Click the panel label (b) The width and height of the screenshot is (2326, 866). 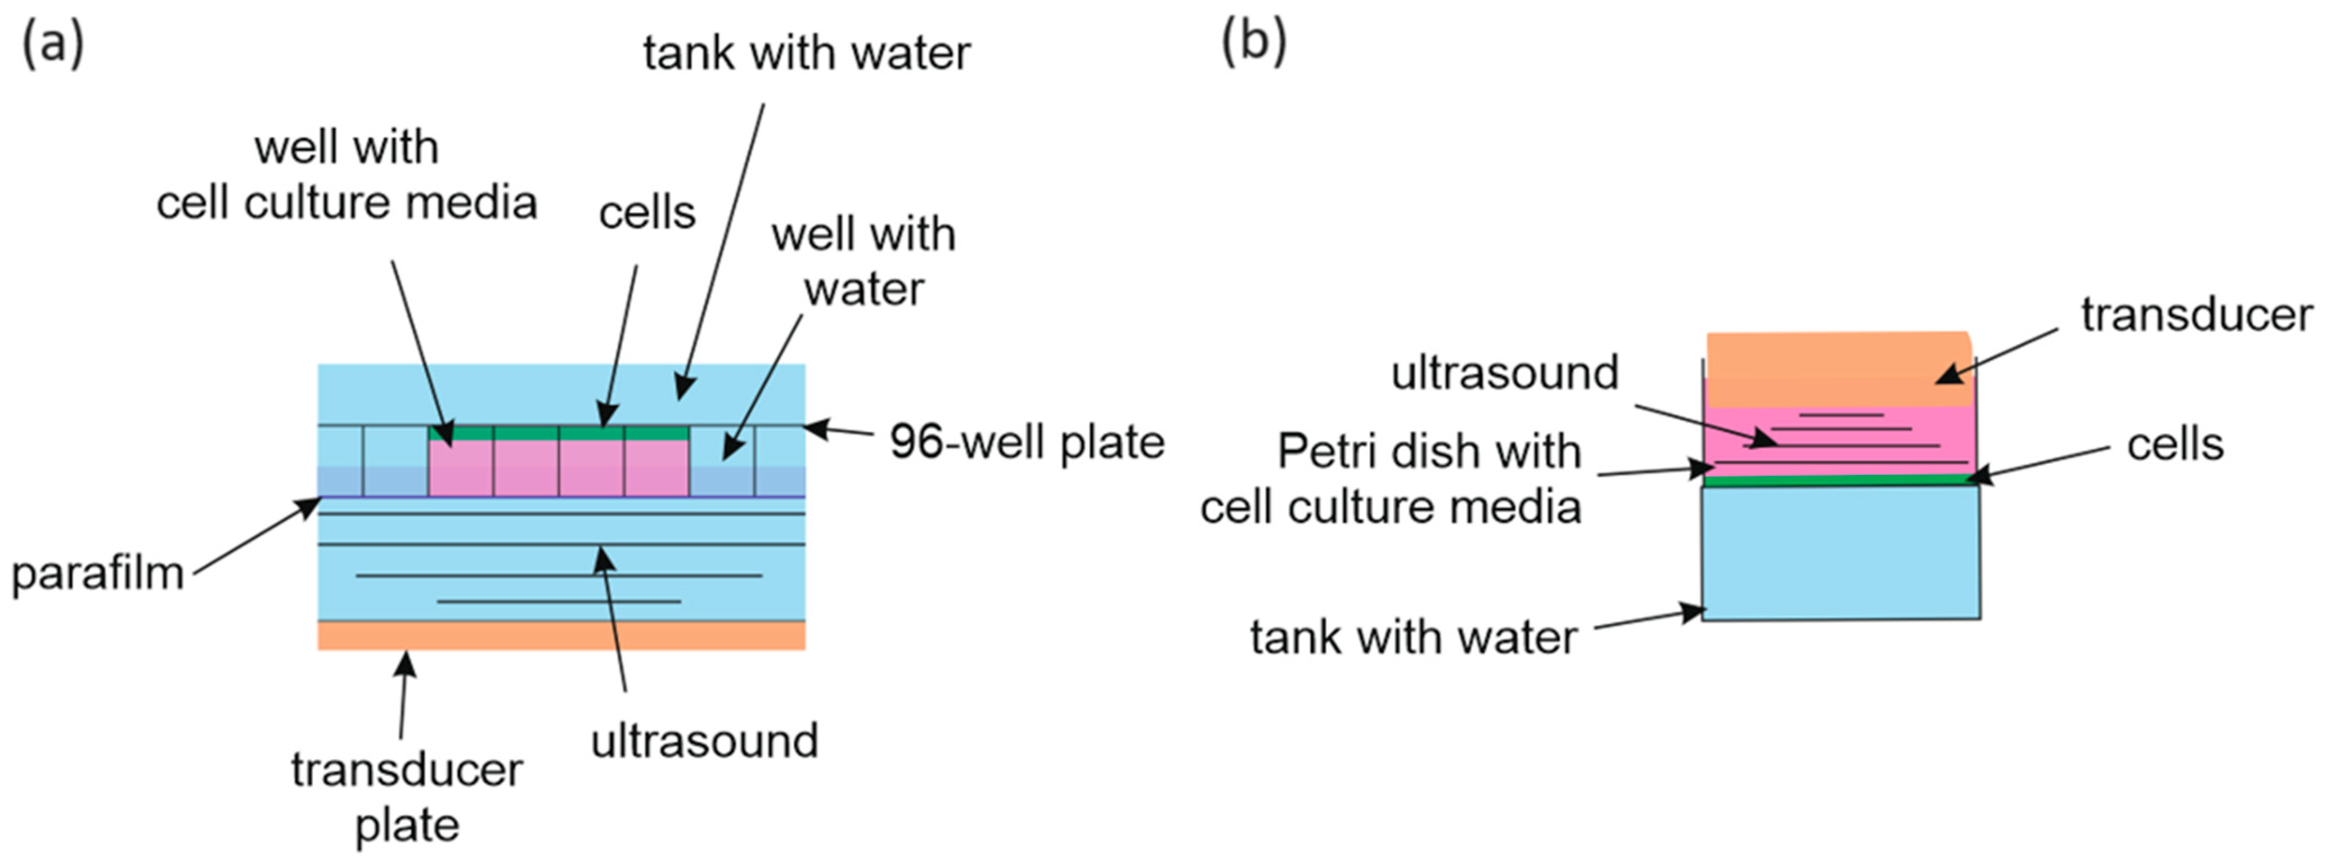1253,42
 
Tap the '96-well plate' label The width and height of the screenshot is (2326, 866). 1027,442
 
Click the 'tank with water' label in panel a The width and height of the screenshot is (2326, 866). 806,52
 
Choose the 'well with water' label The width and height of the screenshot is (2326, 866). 863,261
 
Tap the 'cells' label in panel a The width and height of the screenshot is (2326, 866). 646,213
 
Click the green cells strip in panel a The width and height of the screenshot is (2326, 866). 560,433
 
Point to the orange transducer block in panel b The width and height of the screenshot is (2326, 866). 1838,369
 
